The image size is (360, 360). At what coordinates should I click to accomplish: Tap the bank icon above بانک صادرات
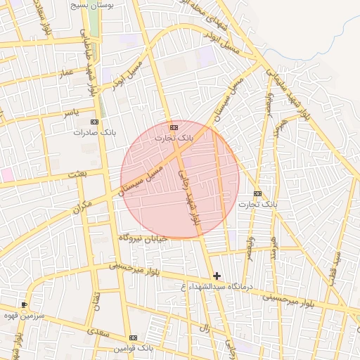[x=95, y=122]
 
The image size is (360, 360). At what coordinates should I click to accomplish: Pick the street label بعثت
[x=75, y=173]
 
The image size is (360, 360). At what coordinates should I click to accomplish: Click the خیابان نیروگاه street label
[x=143, y=238]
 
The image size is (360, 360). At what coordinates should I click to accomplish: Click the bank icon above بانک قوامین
[x=133, y=337]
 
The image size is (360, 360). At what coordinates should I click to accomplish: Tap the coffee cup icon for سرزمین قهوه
[x=25, y=304]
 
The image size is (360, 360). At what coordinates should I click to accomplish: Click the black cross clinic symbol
[x=217, y=276]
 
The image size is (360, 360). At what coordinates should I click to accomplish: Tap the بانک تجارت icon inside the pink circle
[x=174, y=127]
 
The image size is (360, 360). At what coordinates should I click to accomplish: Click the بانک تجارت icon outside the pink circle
[x=257, y=193]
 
